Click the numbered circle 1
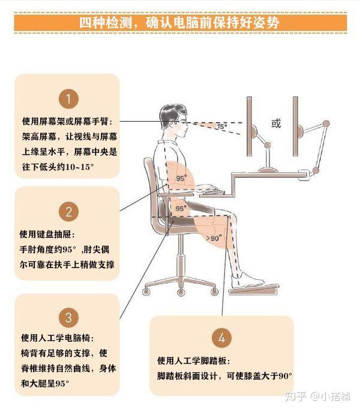pos(68,98)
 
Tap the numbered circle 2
pos(68,211)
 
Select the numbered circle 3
pos(68,317)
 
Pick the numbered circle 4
pos(221,338)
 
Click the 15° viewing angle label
pos(221,127)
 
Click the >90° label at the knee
pos(214,238)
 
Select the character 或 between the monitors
pos(276,124)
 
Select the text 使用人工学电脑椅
pos(58,337)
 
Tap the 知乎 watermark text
pos(295,395)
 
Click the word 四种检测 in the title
pos(103,23)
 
